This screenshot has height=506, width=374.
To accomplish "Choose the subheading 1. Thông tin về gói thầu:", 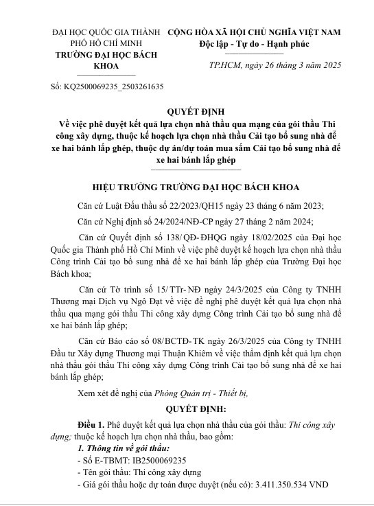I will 119,448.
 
